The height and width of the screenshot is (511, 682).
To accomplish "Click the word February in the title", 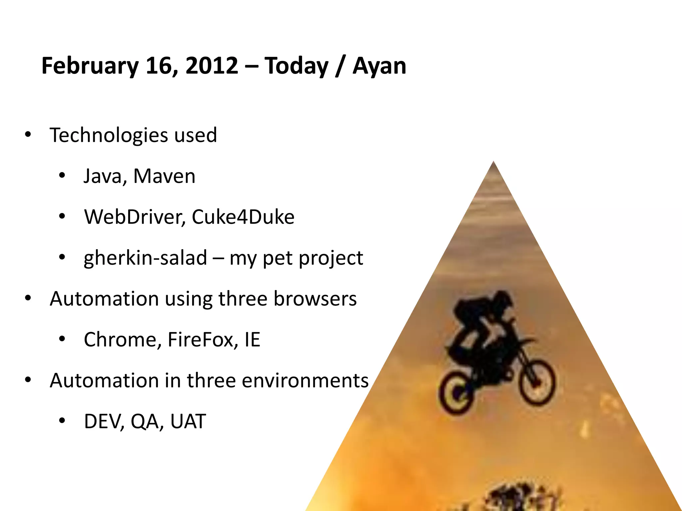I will point(90,66).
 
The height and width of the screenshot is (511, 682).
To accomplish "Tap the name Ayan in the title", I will point(379,66).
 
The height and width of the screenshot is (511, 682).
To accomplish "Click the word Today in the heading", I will point(296,66).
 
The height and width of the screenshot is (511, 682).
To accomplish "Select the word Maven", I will point(164,176).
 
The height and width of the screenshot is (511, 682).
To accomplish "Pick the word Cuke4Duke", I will point(243,217).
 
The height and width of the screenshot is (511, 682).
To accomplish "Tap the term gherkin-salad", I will point(145,258).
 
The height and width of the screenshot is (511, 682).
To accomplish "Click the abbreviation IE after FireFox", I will point(252,339).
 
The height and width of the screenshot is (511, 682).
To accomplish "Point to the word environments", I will point(305,380).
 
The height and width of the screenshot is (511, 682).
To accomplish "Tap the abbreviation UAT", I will point(188,421).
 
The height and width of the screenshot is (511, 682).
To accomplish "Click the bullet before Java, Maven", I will point(62,176).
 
